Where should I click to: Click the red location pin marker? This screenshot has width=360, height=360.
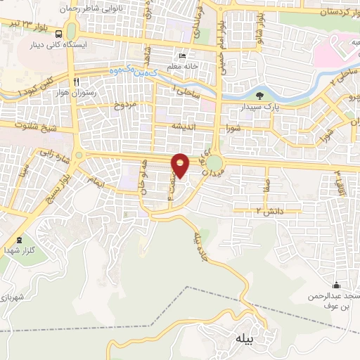tap(181, 165)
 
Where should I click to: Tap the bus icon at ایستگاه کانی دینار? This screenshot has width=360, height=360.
tap(58, 33)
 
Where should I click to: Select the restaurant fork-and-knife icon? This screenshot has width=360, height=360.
tap(85, 82)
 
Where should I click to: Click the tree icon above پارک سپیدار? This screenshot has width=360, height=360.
tap(260, 95)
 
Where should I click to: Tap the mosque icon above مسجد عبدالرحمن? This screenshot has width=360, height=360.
tap(336, 285)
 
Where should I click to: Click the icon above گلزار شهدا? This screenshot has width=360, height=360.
tap(19, 240)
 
